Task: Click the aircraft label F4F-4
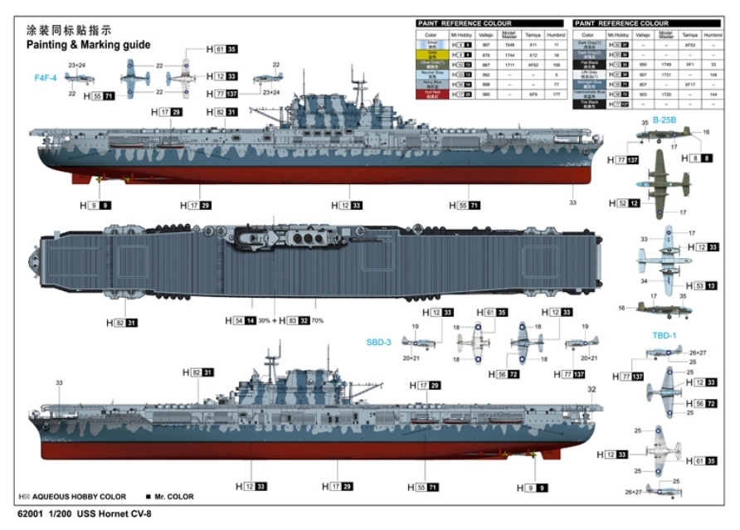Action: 45,78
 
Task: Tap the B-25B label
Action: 665,120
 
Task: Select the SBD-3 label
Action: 378,342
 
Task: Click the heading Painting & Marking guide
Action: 88,45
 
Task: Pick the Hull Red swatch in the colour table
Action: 431,95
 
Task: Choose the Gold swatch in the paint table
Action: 431,53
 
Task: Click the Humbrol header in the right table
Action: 712,36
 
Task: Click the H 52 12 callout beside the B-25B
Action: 628,202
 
